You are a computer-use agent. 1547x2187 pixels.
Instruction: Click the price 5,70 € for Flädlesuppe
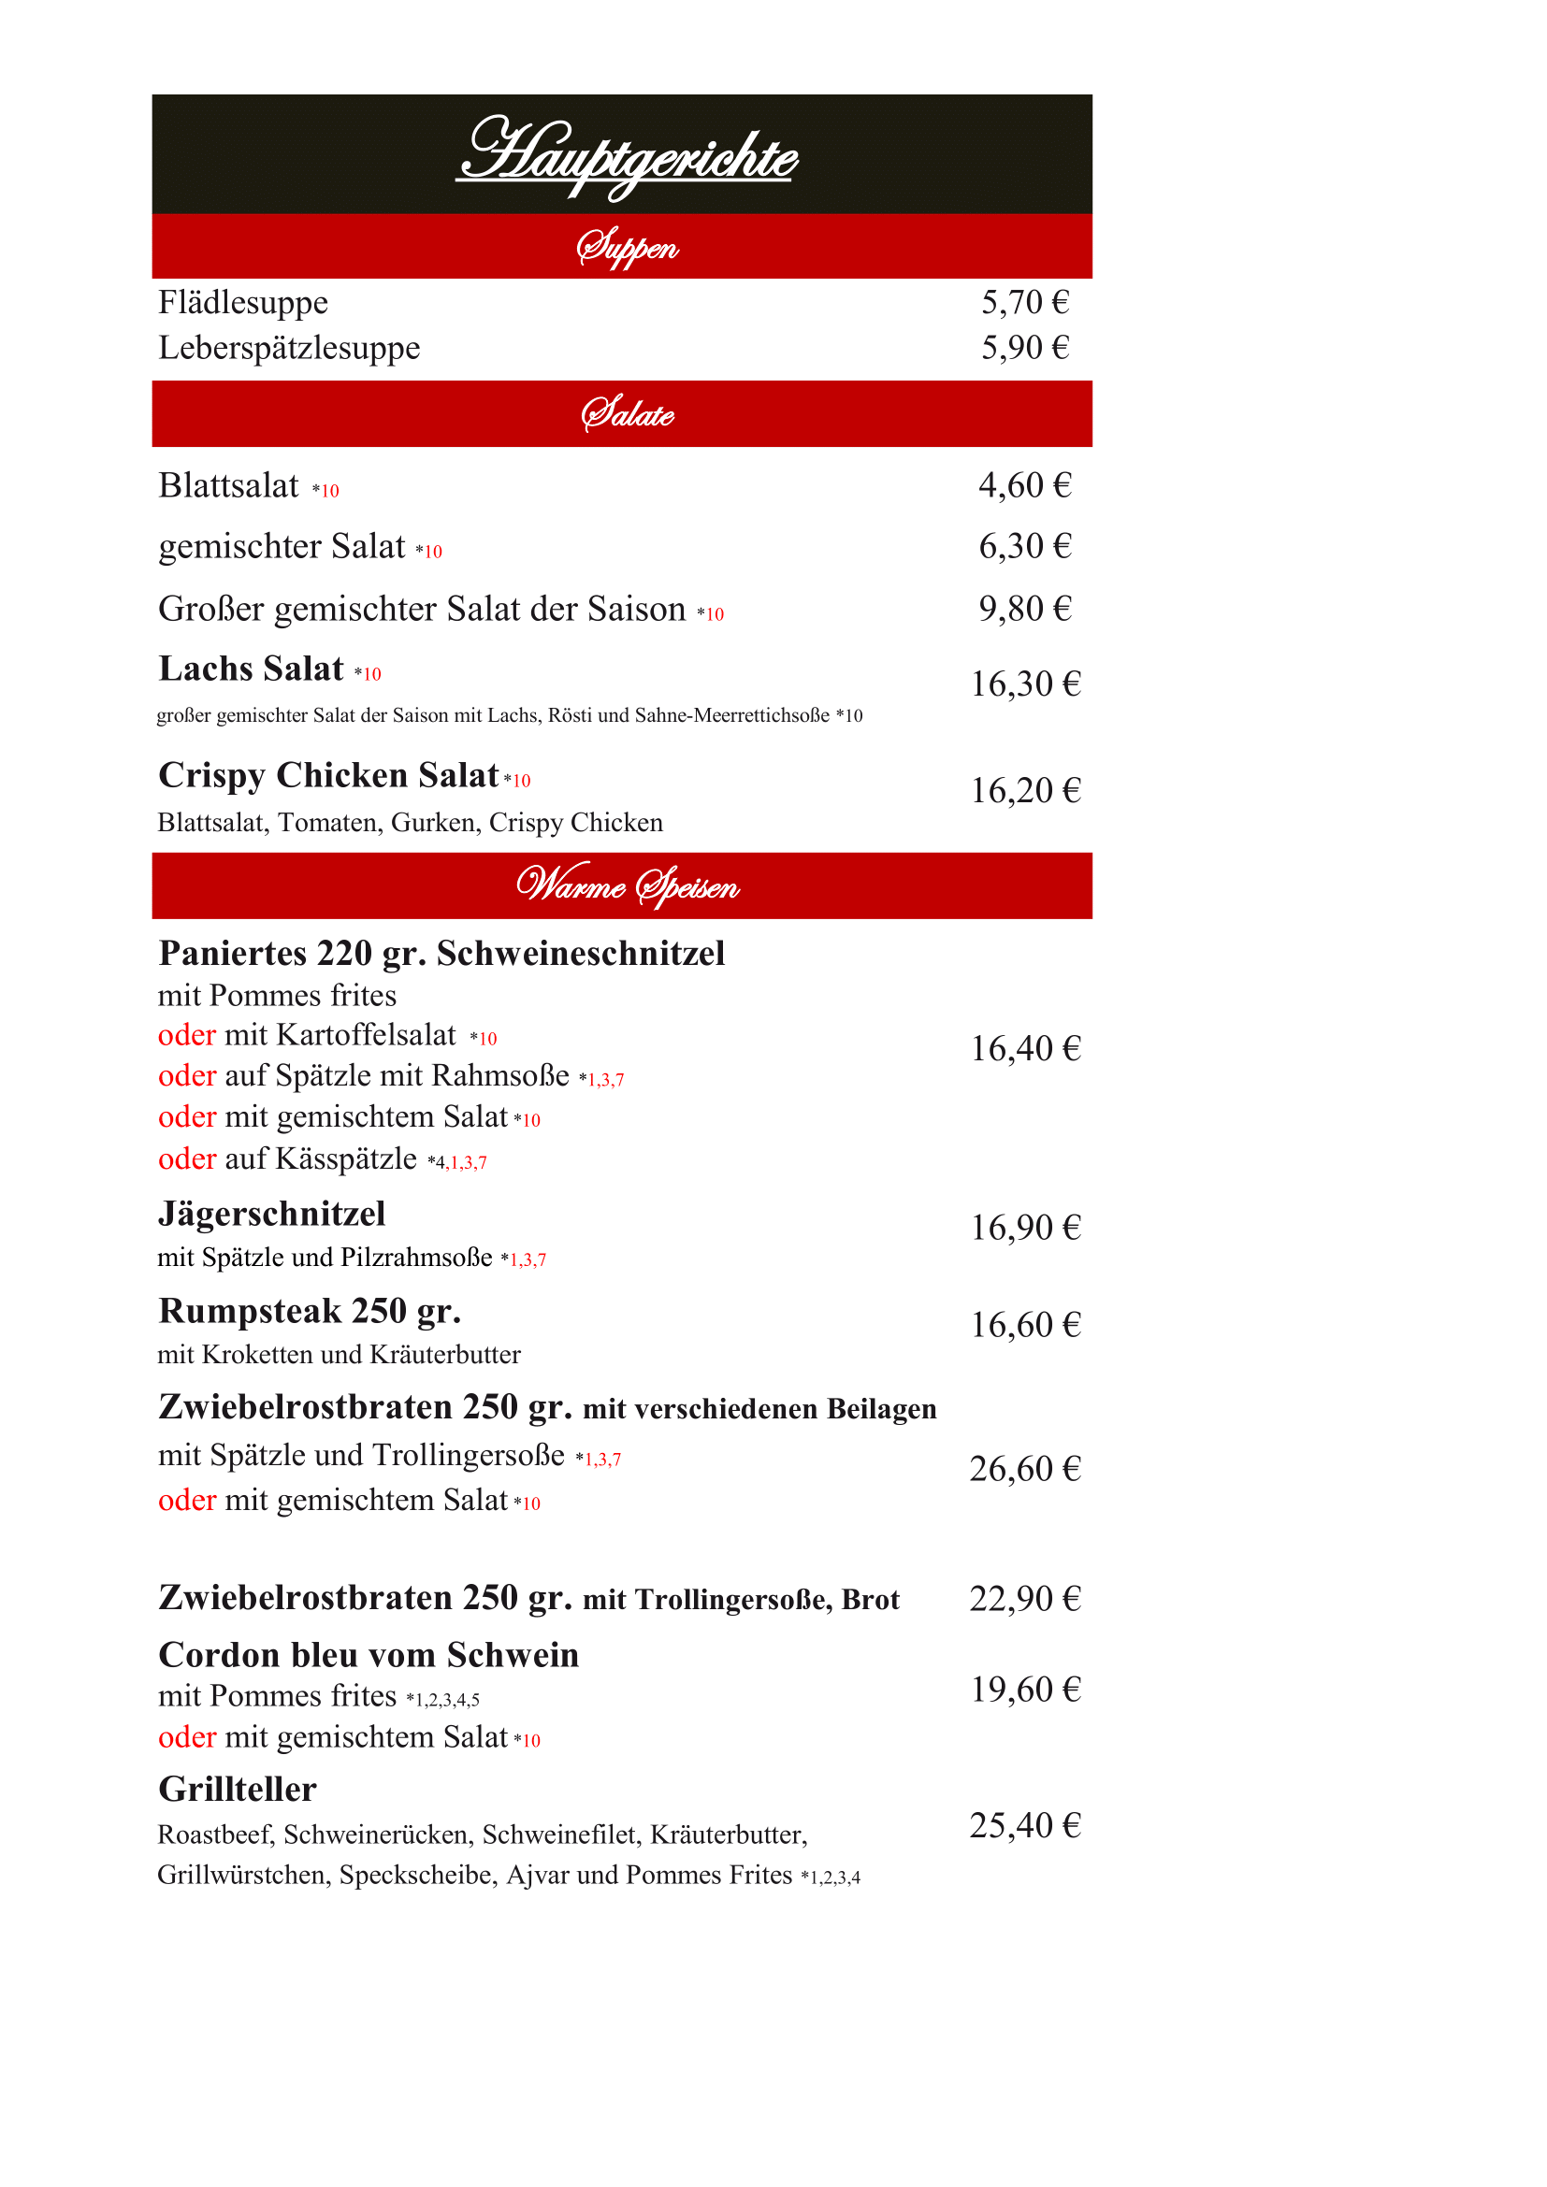[x=1025, y=303]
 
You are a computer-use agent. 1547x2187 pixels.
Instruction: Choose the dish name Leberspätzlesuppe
[x=289, y=349]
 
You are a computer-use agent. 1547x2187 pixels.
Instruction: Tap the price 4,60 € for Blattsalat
[x=1025, y=486]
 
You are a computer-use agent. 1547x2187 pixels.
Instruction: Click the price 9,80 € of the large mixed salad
[x=1025, y=609]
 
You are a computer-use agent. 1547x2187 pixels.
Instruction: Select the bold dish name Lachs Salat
[x=251, y=669]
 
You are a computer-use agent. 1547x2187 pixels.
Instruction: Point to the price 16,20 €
[x=1025, y=791]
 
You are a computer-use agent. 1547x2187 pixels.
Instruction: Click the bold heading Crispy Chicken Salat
[x=328, y=776]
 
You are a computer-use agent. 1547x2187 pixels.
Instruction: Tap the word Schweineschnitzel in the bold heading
[x=581, y=954]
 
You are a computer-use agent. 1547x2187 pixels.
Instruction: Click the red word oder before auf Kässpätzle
[x=187, y=1159]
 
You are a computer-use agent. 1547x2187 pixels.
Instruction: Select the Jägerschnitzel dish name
[x=271, y=1215]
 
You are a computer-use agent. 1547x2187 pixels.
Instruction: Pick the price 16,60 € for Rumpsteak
[x=1025, y=1325]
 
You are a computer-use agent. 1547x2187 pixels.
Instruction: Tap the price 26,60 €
[x=1025, y=1470]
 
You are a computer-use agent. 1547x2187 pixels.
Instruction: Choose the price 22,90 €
[x=1025, y=1598]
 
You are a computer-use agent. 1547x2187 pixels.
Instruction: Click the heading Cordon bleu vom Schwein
[x=369, y=1656]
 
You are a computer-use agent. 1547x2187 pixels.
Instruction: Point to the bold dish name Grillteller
[x=238, y=1790]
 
